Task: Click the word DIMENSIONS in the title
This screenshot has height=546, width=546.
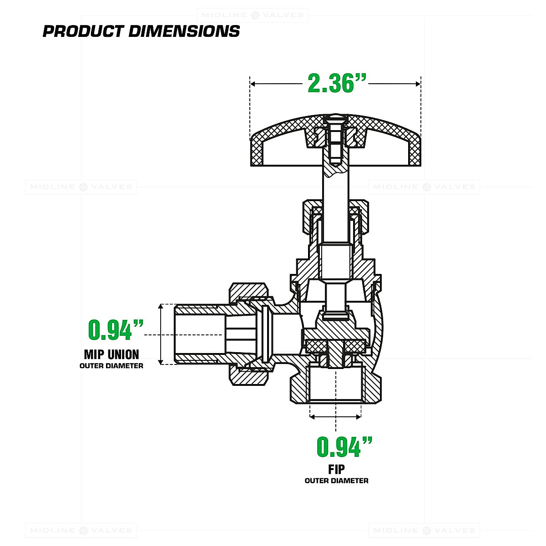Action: pyautogui.click(x=184, y=31)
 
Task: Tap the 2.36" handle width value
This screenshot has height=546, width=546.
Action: pyautogui.click(x=337, y=84)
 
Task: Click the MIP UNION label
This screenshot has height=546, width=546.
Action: pyautogui.click(x=111, y=354)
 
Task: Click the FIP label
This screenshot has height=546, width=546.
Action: pyautogui.click(x=336, y=469)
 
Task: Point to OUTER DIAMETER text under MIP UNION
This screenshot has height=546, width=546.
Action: pyautogui.click(x=111, y=366)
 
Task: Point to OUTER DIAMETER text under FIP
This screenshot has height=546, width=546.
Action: pyautogui.click(x=336, y=480)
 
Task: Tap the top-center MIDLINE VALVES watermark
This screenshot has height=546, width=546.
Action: pyautogui.click(x=253, y=15)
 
